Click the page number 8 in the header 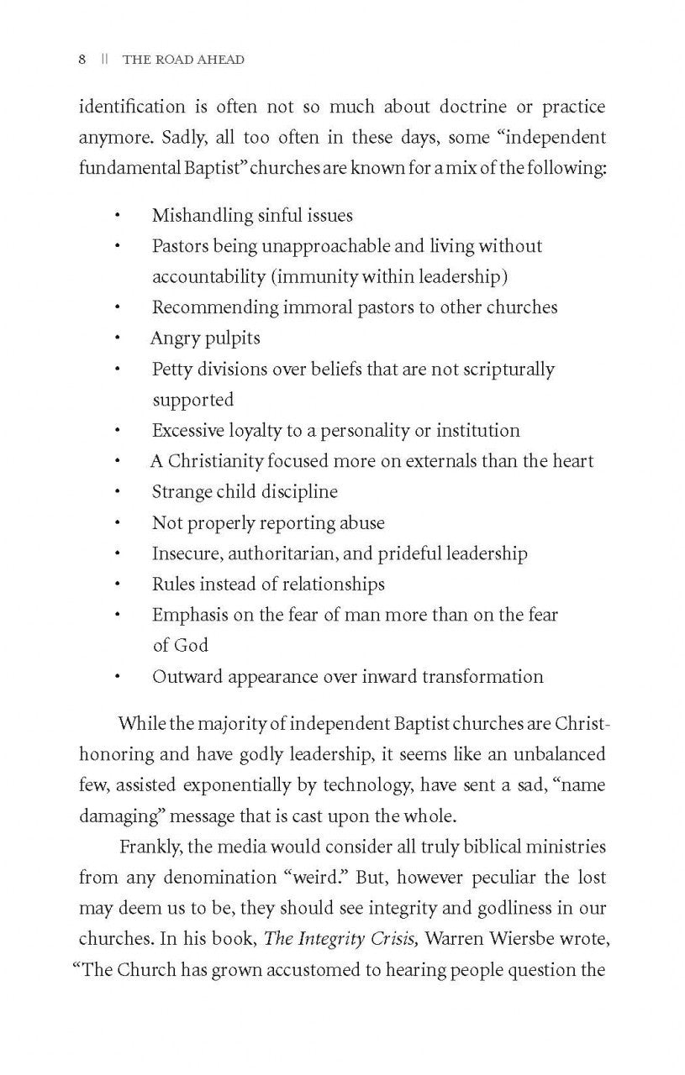point(82,60)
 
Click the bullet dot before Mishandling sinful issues point(118,216)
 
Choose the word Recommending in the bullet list point(214,307)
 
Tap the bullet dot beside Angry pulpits point(118,338)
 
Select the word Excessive point(187,431)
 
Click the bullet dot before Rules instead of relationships point(118,585)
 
